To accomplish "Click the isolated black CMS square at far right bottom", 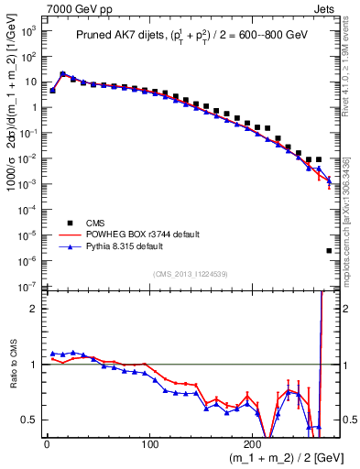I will click(x=329, y=250).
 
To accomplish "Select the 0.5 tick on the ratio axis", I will click(x=31, y=420).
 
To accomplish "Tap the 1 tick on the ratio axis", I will click(x=35, y=365).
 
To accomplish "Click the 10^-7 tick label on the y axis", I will click(x=28, y=288).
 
